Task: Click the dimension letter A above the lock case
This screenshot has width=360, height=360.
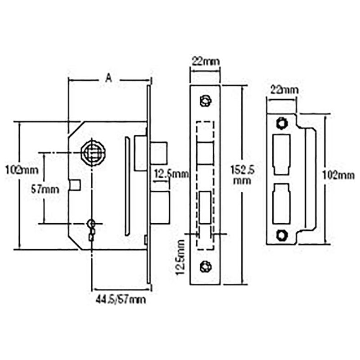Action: pos(108,78)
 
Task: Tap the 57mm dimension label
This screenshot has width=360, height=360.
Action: pos(45,189)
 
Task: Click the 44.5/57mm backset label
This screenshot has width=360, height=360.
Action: pos(121,298)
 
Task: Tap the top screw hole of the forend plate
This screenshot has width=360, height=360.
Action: pos(205,100)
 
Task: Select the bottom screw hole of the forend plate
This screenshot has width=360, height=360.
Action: pos(205,266)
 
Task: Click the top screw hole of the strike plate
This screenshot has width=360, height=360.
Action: pos(282,122)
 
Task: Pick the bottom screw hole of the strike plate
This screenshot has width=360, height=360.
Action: pos(282,234)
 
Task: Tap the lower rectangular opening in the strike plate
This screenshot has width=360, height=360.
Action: pos(281,203)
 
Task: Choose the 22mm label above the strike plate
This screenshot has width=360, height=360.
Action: pos(283,90)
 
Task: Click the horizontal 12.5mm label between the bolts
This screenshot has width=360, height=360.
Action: pos(171,173)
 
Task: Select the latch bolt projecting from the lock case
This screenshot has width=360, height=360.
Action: pos(158,153)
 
